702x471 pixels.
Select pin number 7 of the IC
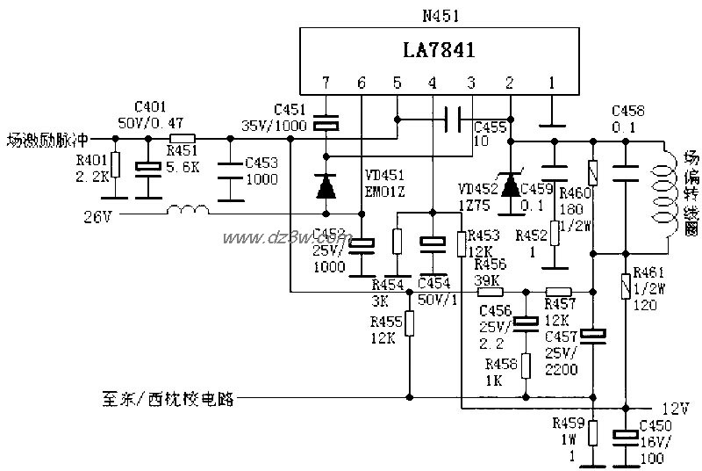pyautogui.click(x=325, y=83)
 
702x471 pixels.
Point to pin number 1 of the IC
pyautogui.click(x=551, y=83)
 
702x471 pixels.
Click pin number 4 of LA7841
pyautogui.click(x=432, y=83)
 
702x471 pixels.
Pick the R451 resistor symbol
pyautogui.click(x=183, y=138)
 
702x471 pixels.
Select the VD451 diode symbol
pyautogui.click(x=326, y=185)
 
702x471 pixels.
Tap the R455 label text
pyautogui.click(x=386, y=322)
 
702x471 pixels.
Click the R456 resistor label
pyautogui.click(x=490, y=264)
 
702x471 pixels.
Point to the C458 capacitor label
pyautogui.click(x=627, y=112)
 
